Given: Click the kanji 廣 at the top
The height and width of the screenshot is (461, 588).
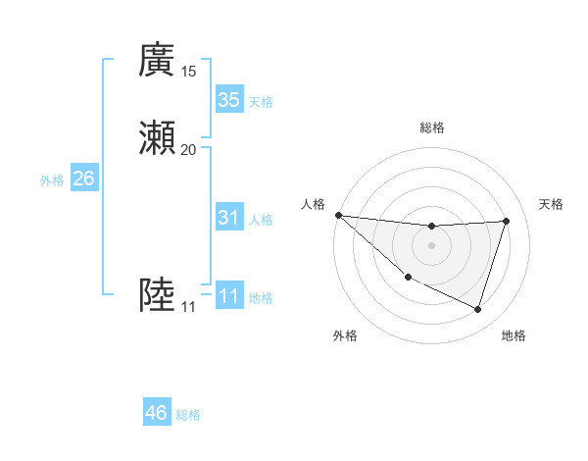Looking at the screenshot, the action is (x=157, y=60).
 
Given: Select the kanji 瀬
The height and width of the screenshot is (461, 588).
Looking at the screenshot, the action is (x=157, y=137).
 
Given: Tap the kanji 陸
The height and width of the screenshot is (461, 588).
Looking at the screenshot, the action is (x=157, y=295).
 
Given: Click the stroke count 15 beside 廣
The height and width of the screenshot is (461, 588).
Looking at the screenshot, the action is (x=188, y=72).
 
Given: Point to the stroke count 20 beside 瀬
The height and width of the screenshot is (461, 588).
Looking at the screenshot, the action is (x=188, y=149).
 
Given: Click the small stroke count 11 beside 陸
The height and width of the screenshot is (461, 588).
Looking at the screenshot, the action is (x=188, y=307).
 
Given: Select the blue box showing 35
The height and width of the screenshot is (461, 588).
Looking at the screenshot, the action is (x=228, y=100).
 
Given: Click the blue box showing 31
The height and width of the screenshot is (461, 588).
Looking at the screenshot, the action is (x=228, y=218).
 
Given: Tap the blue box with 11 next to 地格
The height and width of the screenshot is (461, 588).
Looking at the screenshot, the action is (x=228, y=296).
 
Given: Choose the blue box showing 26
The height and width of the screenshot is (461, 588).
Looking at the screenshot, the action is (x=84, y=179).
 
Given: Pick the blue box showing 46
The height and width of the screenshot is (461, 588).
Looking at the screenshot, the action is (x=157, y=413).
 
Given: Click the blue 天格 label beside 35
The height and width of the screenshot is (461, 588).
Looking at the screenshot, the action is (x=261, y=102).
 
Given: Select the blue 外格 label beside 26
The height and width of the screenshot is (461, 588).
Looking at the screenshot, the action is (x=52, y=180).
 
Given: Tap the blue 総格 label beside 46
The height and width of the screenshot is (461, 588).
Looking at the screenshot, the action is (x=188, y=415).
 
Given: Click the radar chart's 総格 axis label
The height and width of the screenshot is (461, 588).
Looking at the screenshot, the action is (x=431, y=128).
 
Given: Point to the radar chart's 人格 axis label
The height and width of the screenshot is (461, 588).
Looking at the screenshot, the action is (x=313, y=203).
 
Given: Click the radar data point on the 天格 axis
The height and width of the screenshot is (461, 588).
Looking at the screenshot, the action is (x=506, y=221).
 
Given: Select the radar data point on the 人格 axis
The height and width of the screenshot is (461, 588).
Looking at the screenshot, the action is (x=338, y=215).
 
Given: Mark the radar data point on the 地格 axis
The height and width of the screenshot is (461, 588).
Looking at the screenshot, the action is (x=477, y=309).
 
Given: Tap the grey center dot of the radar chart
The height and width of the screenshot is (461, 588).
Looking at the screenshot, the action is (x=431, y=245).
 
